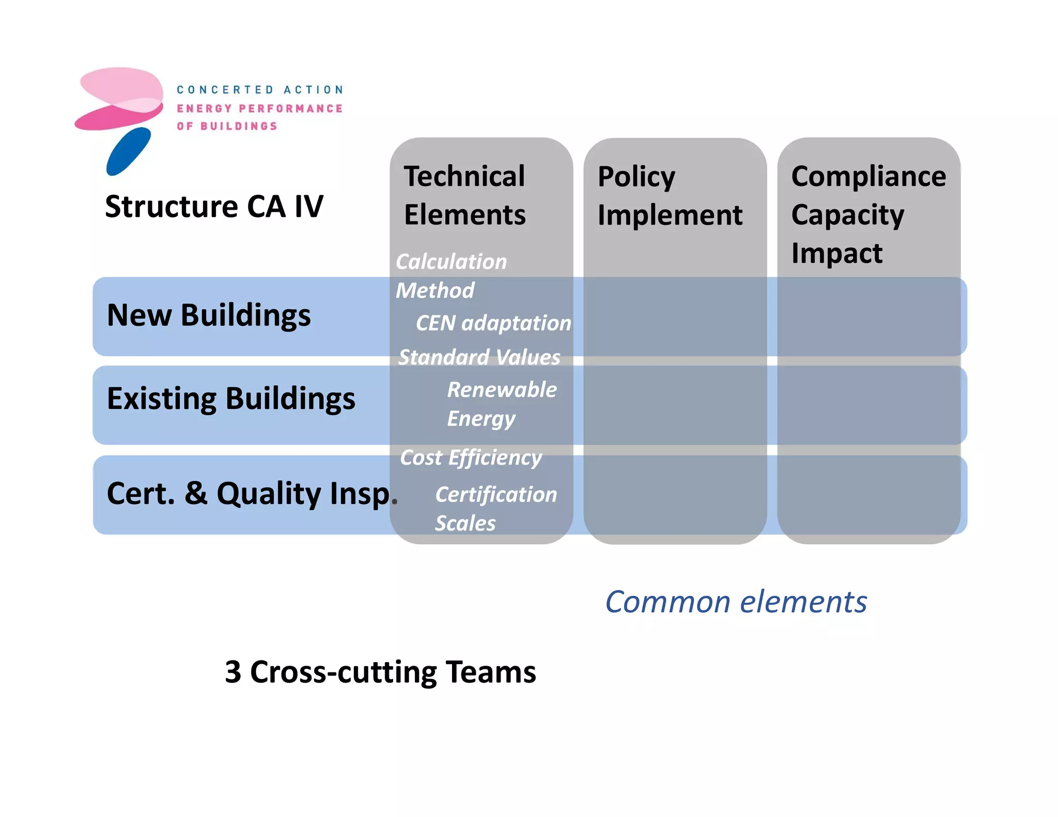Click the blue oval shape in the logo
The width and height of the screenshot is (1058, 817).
click(x=129, y=151)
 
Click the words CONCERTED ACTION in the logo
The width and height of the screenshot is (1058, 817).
click(x=260, y=90)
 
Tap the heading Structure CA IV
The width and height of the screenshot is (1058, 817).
click(x=214, y=207)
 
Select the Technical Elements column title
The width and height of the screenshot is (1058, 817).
click(x=464, y=195)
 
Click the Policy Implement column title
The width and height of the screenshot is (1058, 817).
click(x=670, y=195)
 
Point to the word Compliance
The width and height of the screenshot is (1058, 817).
click(x=868, y=176)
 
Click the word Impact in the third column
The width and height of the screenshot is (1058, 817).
click(x=837, y=253)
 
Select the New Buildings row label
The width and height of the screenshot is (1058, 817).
click(x=209, y=315)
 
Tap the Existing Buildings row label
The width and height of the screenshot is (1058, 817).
click(x=231, y=399)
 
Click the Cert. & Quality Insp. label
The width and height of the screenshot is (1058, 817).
click(x=252, y=493)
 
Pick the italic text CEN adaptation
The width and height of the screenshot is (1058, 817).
click(x=493, y=323)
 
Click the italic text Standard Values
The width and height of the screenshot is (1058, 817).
click(x=479, y=357)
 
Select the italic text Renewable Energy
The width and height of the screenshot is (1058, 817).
click(x=501, y=404)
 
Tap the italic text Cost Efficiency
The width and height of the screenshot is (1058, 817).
click(x=471, y=458)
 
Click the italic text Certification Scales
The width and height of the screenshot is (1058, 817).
click(x=495, y=509)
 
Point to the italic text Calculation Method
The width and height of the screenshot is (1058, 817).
click(x=450, y=276)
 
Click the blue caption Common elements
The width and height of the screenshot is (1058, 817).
click(x=736, y=602)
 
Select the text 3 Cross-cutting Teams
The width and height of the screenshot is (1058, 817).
click(x=380, y=672)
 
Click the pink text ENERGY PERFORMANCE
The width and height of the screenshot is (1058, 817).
click(x=260, y=108)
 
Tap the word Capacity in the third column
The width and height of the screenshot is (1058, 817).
click(x=847, y=215)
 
